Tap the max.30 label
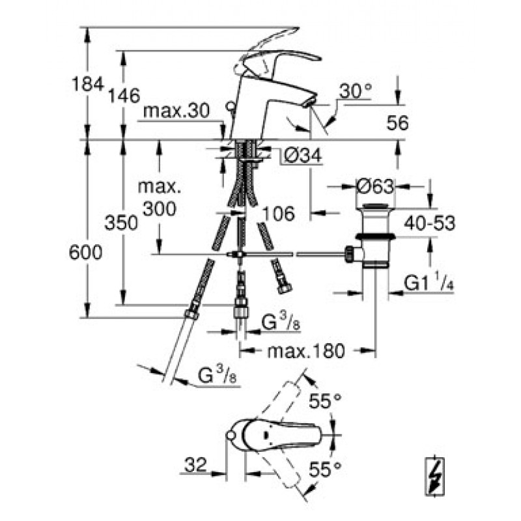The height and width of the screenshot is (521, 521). (x=176, y=111)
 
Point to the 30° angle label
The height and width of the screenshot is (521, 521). (x=355, y=92)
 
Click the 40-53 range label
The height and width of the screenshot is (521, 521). (x=429, y=223)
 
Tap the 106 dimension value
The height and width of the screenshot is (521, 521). (x=278, y=212)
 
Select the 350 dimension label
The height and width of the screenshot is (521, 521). (x=122, y=223)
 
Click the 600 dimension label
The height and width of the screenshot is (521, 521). (x=86, y=253)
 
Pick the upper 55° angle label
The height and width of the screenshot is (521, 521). (x=326, y=402)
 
